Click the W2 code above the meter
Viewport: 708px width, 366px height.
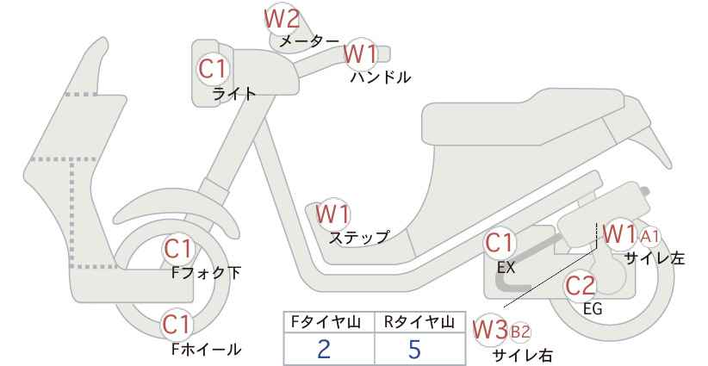(x=282, y=19)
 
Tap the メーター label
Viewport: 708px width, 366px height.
(x=309, y=41)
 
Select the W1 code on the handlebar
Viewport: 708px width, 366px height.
(x=360, y=54)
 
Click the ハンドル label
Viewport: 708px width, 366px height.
(x=381, y=78)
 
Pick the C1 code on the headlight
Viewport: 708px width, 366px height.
(x=212, y=70)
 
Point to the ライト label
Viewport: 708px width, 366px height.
(x=234, y=94)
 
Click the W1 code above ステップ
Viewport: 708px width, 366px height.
(x=332, y=214)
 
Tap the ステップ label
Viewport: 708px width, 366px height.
(x=359, y=237)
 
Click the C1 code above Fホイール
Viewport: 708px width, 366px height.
(x=178, y=325)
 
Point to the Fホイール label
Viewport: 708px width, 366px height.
(x=207, y=349)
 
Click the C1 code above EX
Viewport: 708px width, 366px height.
(x=499, y=243)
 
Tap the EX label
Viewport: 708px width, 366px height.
(x=506, y=268)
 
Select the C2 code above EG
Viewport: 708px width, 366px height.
(x=581, y=285)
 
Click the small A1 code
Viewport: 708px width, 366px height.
(x=650, y=236)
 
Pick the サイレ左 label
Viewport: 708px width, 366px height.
(x=655, y=258)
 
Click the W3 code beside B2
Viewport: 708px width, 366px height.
(x=491, y=330)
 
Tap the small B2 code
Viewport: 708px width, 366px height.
(x=519, y=332)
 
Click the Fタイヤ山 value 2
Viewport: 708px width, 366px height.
(x=324, y=349)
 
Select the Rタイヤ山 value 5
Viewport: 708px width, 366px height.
(x=414, y=349)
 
